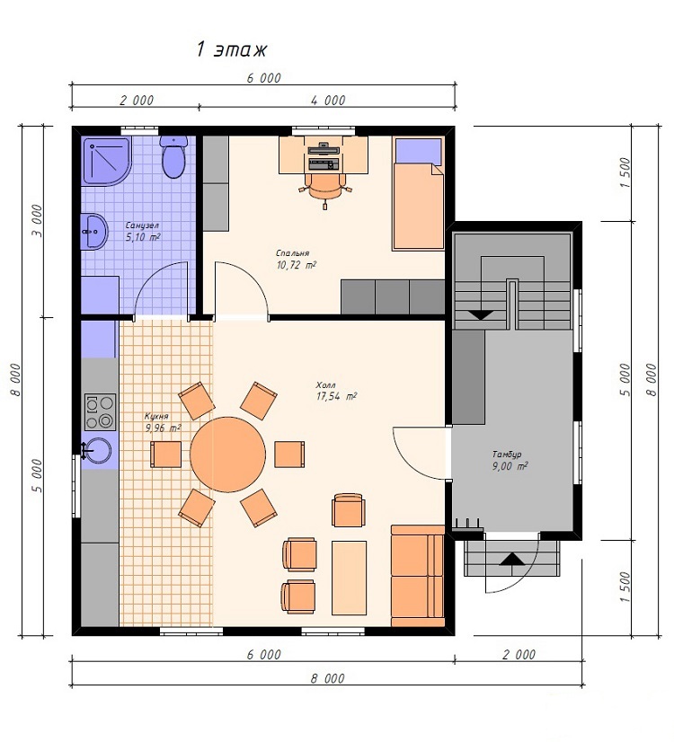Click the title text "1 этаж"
click(x=232, y=49)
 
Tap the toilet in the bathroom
click(x=173, y=156)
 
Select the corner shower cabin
click(x=106, y=161)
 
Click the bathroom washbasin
click(x=94, y=231)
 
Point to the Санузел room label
click(x=142, y=225)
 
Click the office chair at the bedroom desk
click(x=325, y=188)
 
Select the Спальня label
click(x=292, y=253)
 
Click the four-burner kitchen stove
click(x=100, y=411)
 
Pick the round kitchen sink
click(x=97, y=451)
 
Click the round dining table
click(x=227, y=455)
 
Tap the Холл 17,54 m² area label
click(x=336, y=392)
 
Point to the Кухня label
click(x=156, y=417)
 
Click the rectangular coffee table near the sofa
click(x=349, y=578)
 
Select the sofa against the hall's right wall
click(x=418, y=576)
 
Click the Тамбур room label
click(x=507, y=455)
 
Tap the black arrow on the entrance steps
click(x=512, y=559)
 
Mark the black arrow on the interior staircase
click(x=481, y=314)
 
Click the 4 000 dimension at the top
click(x=328, y=101)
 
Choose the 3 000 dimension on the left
click(x=37, y=221)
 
